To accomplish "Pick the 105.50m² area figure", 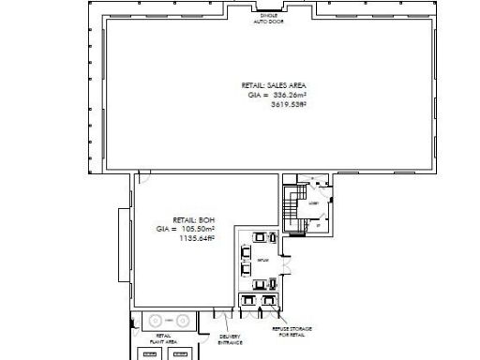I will coord(198,229).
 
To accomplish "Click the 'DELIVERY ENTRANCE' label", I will coord(231,339).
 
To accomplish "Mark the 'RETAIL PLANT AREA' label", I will coord(163,339).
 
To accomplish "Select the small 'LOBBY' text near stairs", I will coord(313,202).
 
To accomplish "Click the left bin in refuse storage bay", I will coord(248,301).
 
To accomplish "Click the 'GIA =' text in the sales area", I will coord(257,95).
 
